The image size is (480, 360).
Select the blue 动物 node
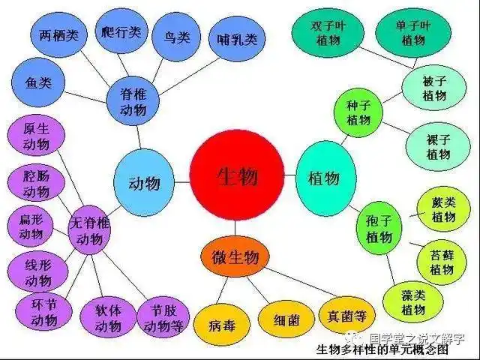[x=145, y=181]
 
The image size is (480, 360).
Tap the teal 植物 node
[x=324, y=178]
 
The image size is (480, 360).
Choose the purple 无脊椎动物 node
[x=89, y=230]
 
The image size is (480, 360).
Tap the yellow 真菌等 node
[x=346, y=315]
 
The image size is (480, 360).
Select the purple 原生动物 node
[x=36, y=135]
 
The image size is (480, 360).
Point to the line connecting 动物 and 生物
[x=183, y=181]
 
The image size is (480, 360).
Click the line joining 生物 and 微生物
[x=235, y=229]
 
